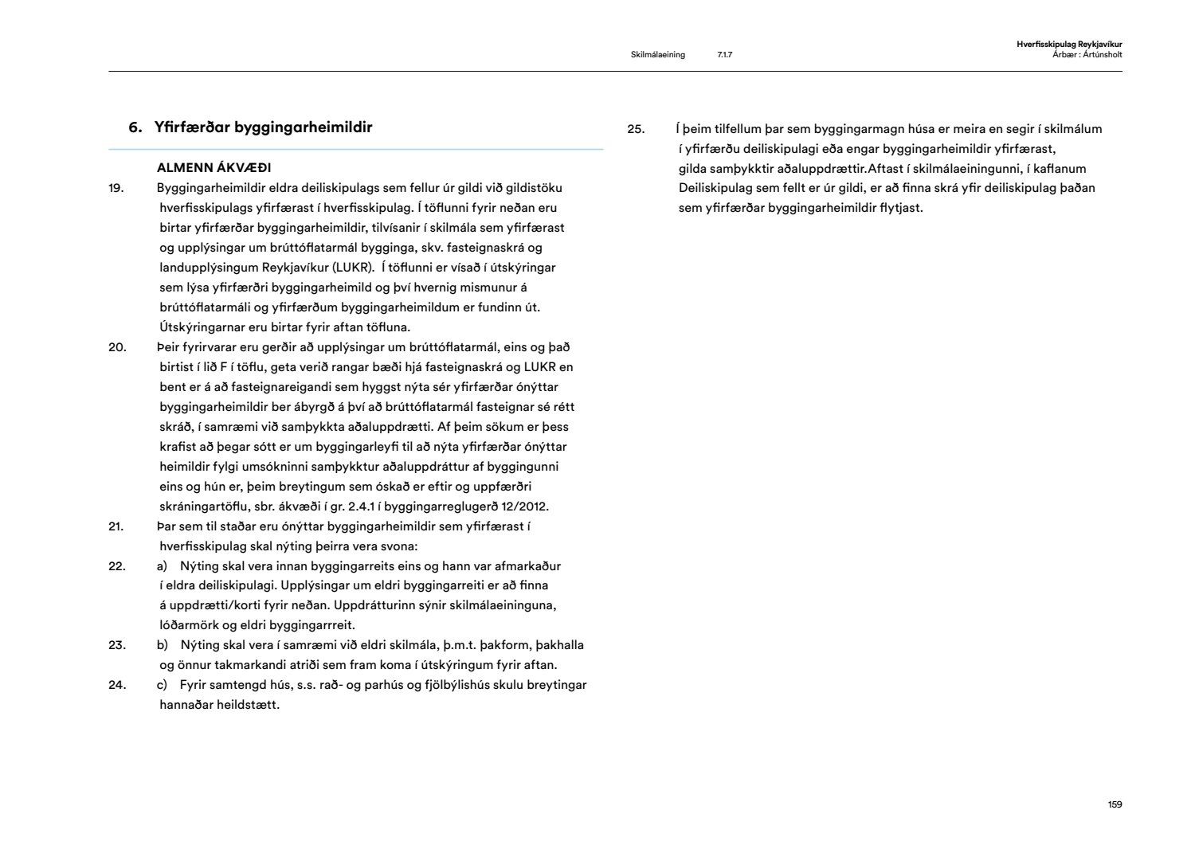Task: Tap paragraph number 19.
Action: pyautogui.click(x=116, y=188)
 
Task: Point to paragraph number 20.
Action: pyautogui.click(x=117, y=347)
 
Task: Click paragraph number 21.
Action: pyautogui.click(x=116, y=526)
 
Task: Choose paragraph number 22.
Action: pyautogui.click(x=117, y=566)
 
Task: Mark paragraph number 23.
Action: pyautogui.click(x=117, y=645)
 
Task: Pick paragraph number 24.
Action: pyautogui.click(x=117, y=685)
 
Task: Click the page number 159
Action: pyautogui.click(x=1115, y=804)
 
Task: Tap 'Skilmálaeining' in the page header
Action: pyautogui.click(x=657, y=55)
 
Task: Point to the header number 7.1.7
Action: pyautogui.click(x=724, y=55)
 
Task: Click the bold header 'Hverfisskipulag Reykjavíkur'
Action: pyautogui.click(x=1069, y=45)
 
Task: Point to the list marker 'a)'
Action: pyautogui.click(x=163, y=566)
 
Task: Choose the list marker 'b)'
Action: pyautogui.click(x=163, y=645)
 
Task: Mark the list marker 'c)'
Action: pyautogui.click(x=162, y=685)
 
